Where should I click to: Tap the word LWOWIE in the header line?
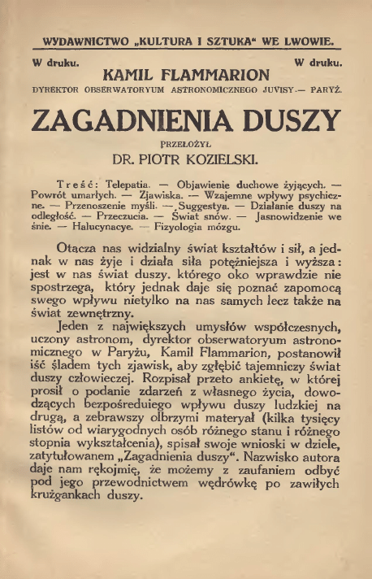pyautogui.click(x=305, y=41)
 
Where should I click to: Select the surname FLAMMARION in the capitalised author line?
pyautogui.click(x=217, y=76)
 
